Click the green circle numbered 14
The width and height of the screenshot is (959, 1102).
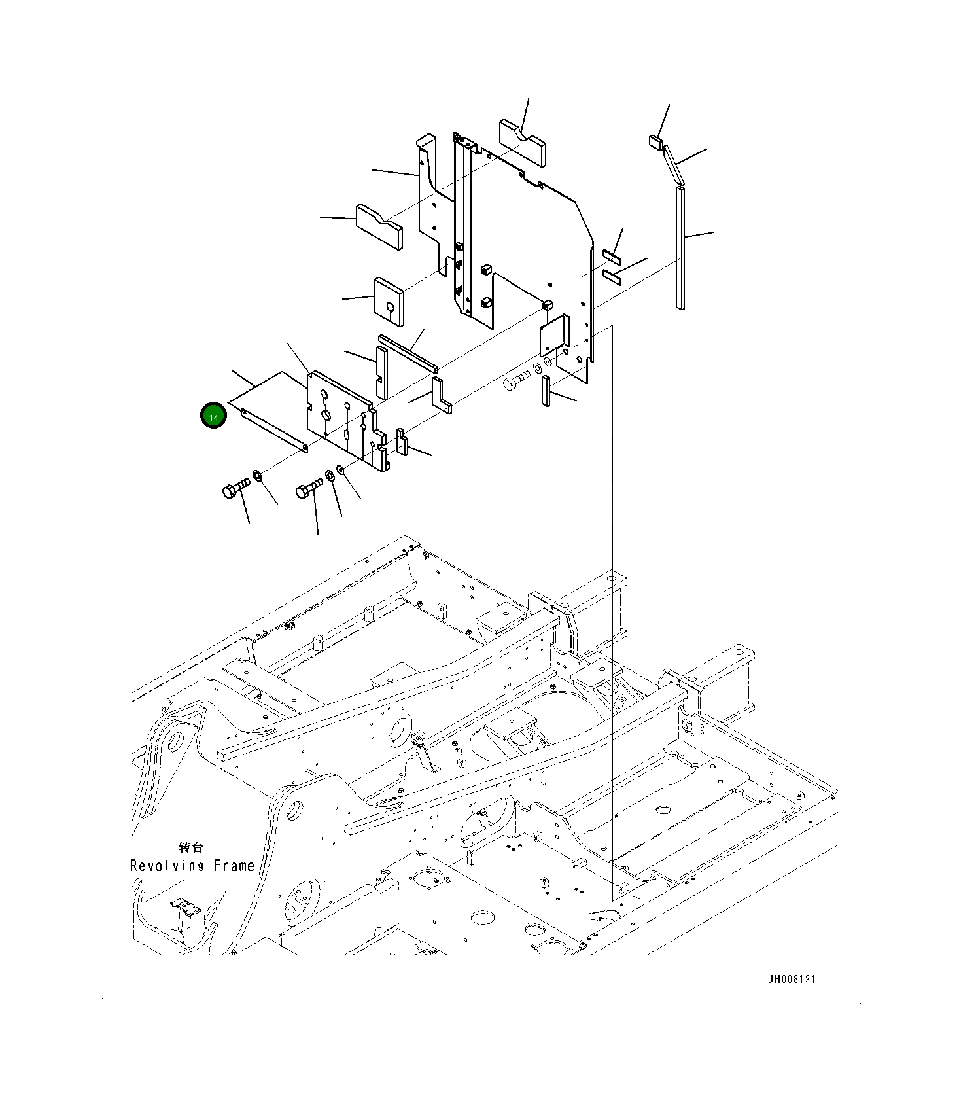(x=213, y=416)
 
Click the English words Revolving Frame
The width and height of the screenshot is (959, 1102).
(x=192, y=866)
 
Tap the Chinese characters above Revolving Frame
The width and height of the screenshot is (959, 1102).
(x=190, y=847)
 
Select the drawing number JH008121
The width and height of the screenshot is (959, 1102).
(x=792, y=979)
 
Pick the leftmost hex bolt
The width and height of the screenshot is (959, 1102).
(x=235, y=488)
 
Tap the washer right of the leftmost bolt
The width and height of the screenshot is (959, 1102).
(x=257, y=474)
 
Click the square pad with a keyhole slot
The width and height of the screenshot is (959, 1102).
(x=389, y=302)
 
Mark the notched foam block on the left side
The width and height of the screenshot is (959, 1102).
(x=379, y=226)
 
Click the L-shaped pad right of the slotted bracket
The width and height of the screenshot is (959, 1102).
(x=440, y=395)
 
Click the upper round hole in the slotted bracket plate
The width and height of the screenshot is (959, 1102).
(x=325, y=395)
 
